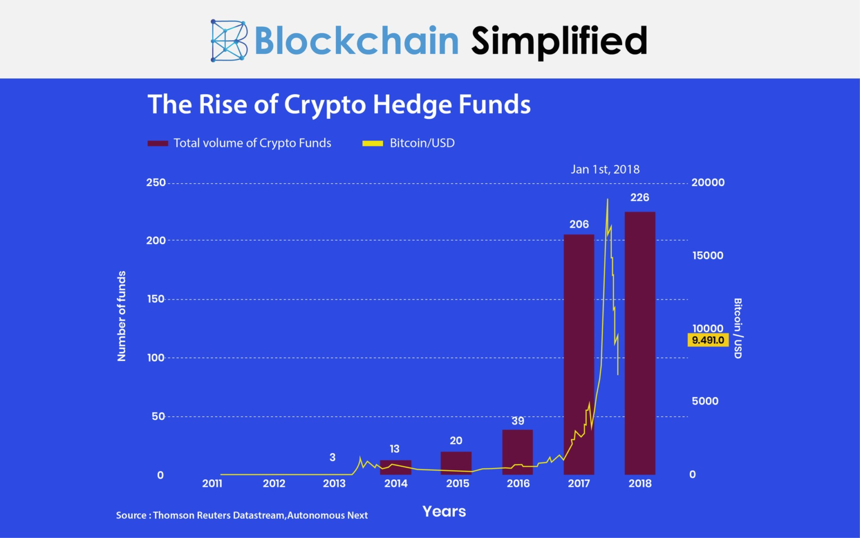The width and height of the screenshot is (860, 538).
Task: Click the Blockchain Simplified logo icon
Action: point(228,41)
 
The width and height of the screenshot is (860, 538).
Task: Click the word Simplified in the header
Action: point(559,41)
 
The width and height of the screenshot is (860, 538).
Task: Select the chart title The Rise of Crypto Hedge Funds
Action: point(339,104)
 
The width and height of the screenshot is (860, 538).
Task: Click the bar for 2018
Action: point(640,343)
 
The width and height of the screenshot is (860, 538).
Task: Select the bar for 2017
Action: point(579,354)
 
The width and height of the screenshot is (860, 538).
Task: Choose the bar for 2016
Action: point(518,452)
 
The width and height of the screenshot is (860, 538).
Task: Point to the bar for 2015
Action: point(456,463)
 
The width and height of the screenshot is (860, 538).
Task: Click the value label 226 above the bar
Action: point(639,197)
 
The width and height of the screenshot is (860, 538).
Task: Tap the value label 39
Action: point(518,421)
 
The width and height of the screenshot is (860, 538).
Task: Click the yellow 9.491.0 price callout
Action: point(708,340)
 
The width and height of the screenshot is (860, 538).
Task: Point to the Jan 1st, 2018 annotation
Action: point(605,169)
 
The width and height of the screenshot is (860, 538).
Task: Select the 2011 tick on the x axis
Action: point(212,484)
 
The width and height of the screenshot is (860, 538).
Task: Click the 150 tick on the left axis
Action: point(156,299)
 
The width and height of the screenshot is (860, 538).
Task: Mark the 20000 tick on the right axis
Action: point(708,183)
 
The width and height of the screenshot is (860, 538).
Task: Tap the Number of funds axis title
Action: point(121,316)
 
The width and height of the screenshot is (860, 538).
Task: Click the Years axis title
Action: point(444,511)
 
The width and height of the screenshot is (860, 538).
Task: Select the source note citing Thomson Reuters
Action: point(242,515)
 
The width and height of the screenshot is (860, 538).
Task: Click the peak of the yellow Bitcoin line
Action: point(607,199)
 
